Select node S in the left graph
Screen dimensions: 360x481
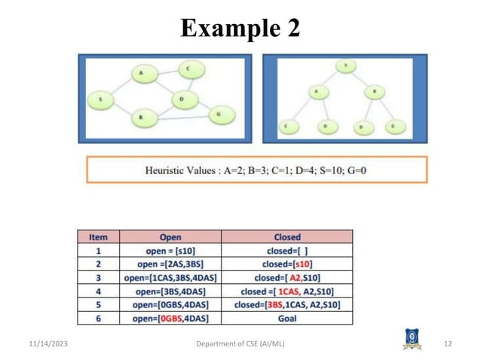(100, 98)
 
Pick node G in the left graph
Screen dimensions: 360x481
(219, 114)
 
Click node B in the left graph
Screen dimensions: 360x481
(141, 117)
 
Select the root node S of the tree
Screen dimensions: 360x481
(346, 66)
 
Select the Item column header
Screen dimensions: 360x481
(98, 236)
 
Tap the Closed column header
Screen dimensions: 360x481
(287, 236)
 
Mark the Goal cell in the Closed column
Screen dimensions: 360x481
(287, 318)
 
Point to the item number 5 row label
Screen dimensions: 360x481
(98, 304)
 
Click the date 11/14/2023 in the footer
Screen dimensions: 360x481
(39, 344)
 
